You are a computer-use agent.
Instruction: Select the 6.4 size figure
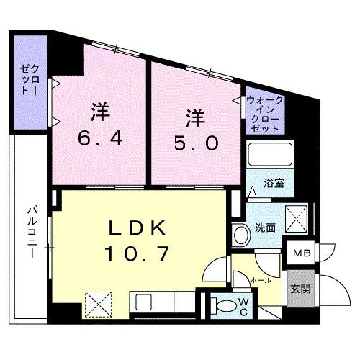pyautogui.click(x=100, y=138)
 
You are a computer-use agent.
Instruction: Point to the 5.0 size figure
pyautogui.click(x=192, y=143)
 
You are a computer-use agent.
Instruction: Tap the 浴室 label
pyautogui.click(x=273, y=182)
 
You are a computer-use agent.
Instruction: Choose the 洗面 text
pyautogui.click(x=264, y=228)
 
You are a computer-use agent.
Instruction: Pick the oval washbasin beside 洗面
pyautogui.click(x=239, y=232)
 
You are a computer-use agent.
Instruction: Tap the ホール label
pyautogui.click(x=261, y=277)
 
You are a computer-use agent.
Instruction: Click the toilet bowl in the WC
pyautogui.click(x=225, y=305)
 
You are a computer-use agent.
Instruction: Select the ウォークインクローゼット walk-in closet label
pyautogui.click(x=264, y=114)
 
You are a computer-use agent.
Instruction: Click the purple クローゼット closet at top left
pyautogui.click(x=28, y=81)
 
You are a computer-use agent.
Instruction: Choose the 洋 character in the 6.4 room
pyautogui.click(x=100, y=112)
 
